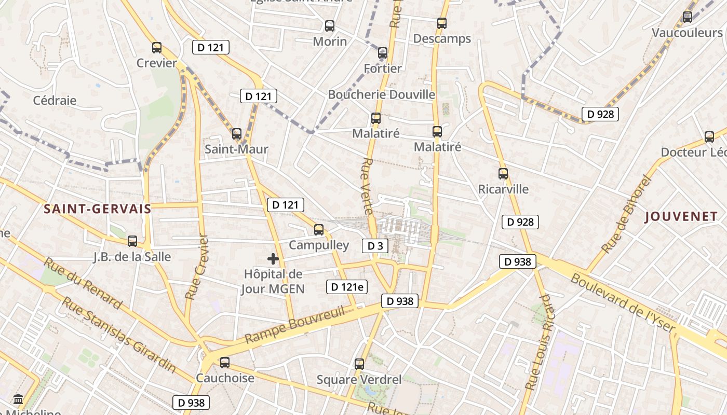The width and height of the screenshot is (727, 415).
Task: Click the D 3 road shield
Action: [375, 246]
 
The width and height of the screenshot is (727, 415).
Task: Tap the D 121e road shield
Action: [346, 287]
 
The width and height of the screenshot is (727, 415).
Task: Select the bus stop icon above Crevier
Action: [157, 48]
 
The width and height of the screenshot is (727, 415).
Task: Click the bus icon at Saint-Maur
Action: [237, 133]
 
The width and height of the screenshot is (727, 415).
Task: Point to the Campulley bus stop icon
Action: [319, 229]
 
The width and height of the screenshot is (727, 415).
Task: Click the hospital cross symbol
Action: [273, 259]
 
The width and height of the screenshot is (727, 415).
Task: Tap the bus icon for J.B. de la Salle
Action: [132, 241]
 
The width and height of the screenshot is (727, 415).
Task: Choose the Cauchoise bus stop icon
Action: [225, 362]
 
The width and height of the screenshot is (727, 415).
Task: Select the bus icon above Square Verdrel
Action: [359, 364]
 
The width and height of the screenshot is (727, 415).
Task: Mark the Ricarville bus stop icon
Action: [503, 174]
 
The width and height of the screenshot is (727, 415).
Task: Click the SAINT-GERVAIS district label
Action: [97, 209]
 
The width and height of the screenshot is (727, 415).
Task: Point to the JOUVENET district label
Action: [681, 217]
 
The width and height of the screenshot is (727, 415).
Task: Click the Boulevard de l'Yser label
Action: [623, 302]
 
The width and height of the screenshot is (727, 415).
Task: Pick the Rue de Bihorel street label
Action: [625, 214]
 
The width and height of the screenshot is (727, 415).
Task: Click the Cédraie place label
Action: [55, 101]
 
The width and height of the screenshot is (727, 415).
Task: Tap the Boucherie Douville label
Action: [381, 94]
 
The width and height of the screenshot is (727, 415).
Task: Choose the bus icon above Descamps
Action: [442, 23]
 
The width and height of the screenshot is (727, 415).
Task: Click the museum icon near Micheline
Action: [18, 399]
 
